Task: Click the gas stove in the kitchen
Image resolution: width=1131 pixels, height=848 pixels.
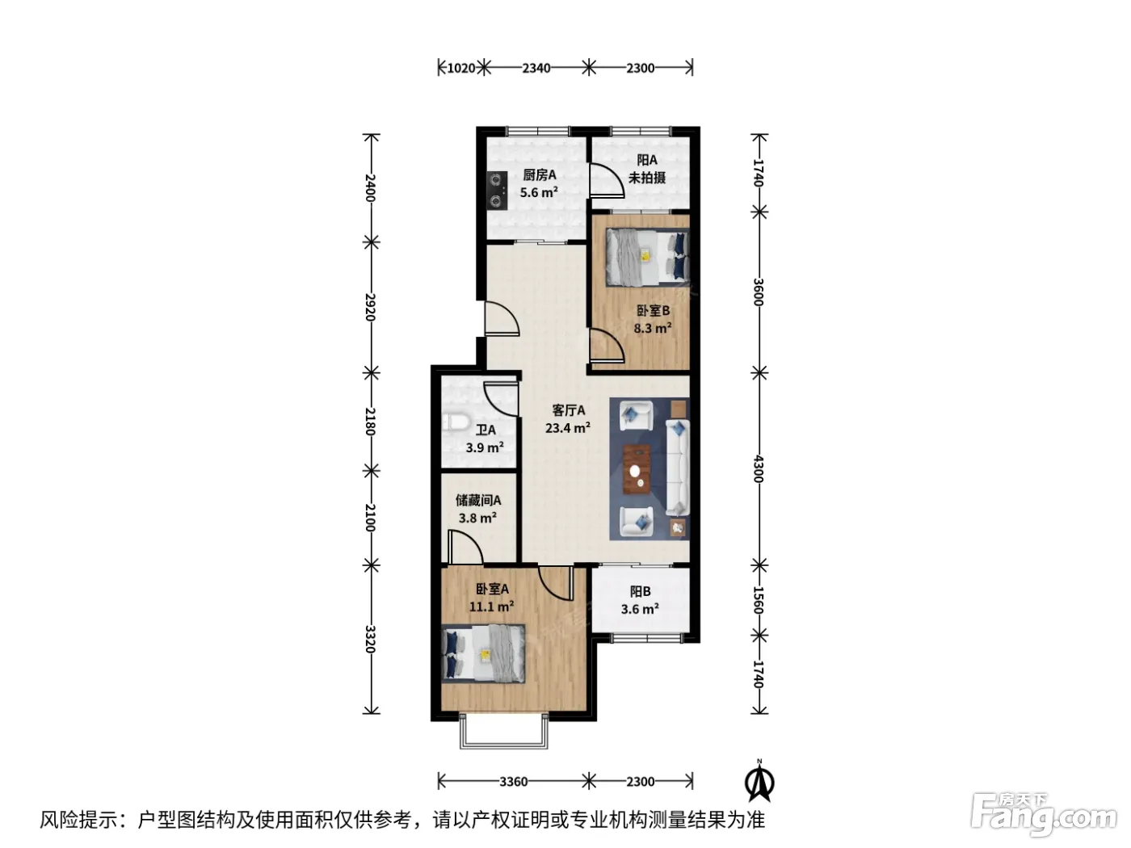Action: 497,190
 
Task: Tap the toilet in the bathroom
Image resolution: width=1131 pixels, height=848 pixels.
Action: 455,422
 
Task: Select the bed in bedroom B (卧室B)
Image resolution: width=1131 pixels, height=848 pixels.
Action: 647,256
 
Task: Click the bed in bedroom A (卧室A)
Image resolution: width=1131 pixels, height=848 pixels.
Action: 483,653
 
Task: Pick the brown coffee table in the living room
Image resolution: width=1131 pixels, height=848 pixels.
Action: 637,469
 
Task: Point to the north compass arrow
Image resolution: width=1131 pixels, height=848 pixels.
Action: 759,783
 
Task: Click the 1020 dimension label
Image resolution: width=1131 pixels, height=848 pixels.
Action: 460,68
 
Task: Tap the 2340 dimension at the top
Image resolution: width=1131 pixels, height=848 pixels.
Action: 536,68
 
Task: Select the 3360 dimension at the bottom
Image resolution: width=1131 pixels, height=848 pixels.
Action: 513,782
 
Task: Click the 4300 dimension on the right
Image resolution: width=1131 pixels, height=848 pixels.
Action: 758,468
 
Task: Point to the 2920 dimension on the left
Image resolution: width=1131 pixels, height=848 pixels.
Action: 371,308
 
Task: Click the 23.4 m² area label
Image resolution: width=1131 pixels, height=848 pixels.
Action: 568,428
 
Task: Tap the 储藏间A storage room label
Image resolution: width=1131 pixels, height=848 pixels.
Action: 478,501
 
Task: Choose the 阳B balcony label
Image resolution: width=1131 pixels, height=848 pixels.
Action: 640,592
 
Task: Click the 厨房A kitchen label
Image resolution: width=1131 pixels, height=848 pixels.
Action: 540,175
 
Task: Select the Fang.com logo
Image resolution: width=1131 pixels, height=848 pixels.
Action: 1044,815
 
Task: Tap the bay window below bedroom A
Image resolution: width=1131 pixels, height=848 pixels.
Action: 503,731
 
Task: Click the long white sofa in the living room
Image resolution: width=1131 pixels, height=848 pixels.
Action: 678,468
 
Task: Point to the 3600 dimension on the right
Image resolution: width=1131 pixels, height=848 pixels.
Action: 758,292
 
